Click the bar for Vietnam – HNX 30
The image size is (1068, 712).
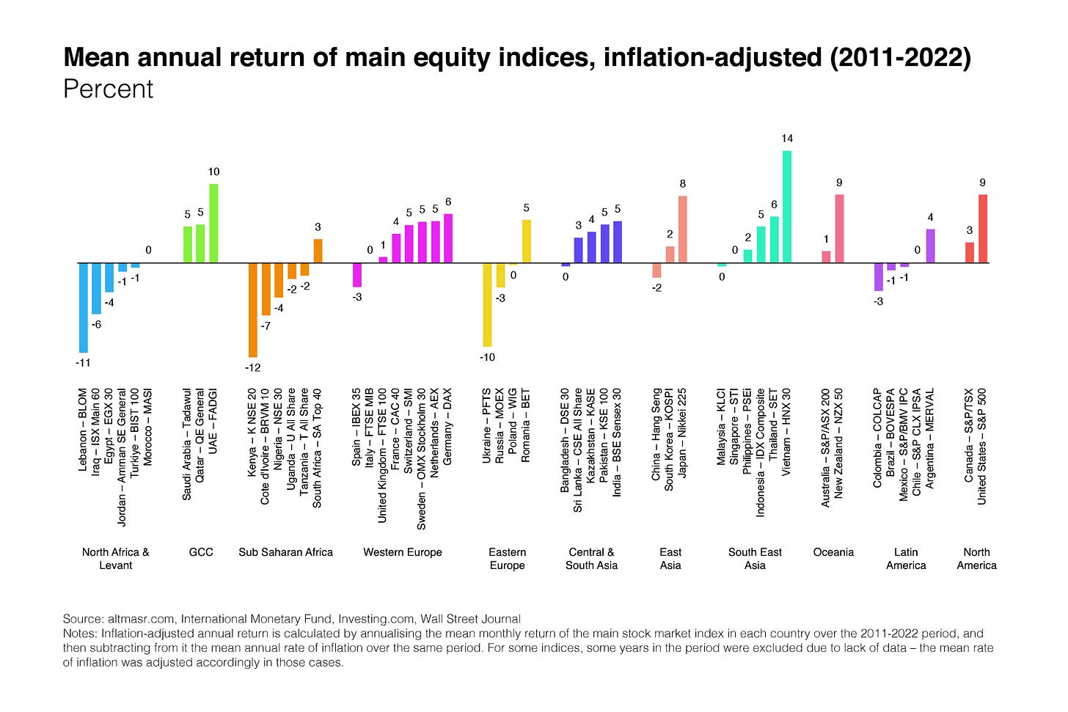coord(787,207)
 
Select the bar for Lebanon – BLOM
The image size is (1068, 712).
coord(84,307)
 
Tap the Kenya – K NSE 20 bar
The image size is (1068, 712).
coord(253,309)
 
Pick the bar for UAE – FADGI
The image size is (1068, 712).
coord(213,223)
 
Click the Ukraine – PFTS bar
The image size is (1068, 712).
coord(487,304)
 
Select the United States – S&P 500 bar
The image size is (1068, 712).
coord(983,229)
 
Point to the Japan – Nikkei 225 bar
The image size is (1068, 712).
coord(683,230)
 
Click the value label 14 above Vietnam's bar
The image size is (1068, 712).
coord(787,139)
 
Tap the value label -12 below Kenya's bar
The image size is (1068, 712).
coord(252,368)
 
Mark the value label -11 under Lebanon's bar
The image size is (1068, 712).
coord(83,363)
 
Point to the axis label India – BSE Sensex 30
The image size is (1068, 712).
coord(617,443)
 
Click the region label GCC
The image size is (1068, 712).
coord(201,552)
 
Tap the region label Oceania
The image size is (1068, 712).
coord(833,552)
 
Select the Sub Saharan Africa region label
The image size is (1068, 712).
coord(285,552)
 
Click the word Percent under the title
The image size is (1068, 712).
coord(108,89)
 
